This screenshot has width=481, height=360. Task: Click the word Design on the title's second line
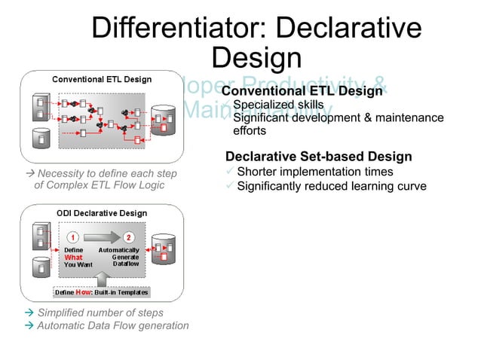(x=256, y=58)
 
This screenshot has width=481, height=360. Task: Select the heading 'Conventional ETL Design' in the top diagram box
(x=101, y=79)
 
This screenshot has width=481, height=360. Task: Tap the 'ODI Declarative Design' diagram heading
(x=102, y=213)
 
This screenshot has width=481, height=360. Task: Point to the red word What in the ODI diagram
(x=73, y=257)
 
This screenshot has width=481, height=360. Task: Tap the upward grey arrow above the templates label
(x=102, y=278)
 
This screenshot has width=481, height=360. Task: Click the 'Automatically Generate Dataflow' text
(x=118, y=257)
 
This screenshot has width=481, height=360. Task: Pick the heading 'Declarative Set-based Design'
(x=318, y=157)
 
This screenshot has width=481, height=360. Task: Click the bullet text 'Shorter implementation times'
(x=314, y=172)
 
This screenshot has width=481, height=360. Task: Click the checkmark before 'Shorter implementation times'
(x=230, y=172)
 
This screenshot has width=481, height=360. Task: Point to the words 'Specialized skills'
(x=278, y=105)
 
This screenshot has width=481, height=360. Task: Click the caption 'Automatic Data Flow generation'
(x=112, y=325)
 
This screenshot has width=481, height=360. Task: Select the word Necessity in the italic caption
(x=65, y=174)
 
